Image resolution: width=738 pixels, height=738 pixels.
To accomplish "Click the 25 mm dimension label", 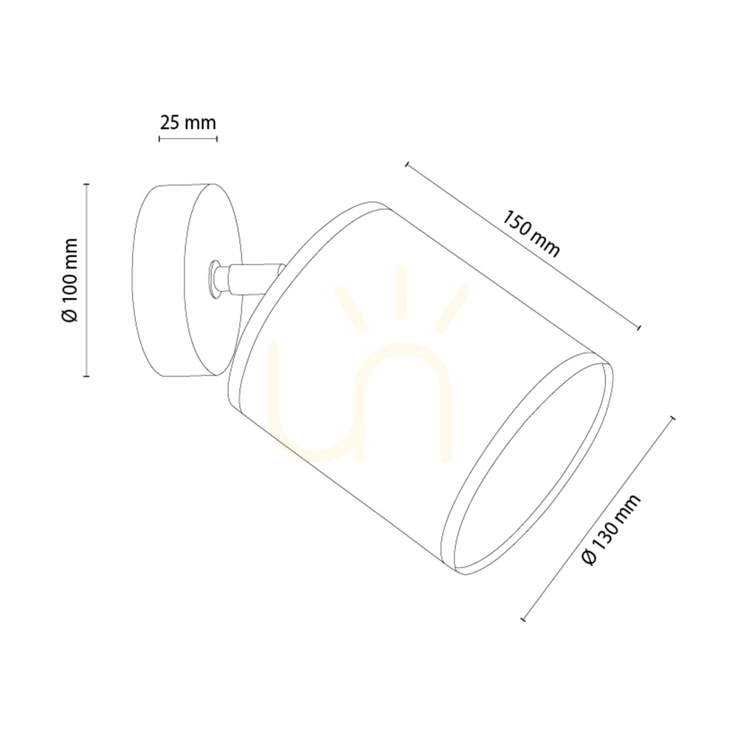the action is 187,123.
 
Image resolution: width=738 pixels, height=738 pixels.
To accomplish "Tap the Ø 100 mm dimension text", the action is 69,280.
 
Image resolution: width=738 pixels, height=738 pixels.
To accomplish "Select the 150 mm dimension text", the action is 531,234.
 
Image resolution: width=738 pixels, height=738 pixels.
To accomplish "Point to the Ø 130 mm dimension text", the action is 611,529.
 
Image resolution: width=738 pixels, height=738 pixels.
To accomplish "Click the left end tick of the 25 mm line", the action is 159,139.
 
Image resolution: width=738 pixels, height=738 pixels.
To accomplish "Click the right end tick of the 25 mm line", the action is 216,139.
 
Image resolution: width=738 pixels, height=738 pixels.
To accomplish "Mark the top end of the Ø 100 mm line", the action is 86,184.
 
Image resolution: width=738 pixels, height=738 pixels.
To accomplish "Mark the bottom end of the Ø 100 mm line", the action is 86,376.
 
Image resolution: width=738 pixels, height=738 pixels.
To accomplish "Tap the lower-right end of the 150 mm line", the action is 638,327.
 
